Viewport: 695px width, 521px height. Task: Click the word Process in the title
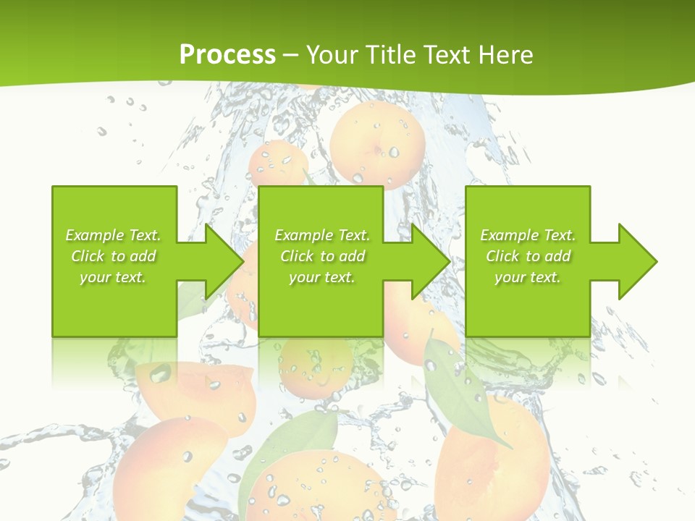[227, 54]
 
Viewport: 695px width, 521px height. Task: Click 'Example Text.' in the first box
[113, 235]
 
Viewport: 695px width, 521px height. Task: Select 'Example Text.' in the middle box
[322, 235]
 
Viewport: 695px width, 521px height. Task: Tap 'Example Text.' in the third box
[528, 235]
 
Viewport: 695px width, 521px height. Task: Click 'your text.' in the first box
[113, 277]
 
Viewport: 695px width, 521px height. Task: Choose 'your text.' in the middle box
[322, 277]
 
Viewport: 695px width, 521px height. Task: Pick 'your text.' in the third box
[528, 277]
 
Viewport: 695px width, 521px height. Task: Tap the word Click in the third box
[503, 256]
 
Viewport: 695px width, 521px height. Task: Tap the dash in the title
[290, 56]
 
